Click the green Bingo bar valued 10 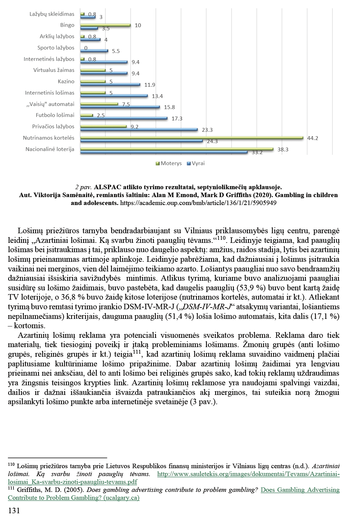105,25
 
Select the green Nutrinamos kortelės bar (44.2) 192,138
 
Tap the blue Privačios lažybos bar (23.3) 139,130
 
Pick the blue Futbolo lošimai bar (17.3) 124,118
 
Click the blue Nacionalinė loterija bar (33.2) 164,152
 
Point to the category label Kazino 66,82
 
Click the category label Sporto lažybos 56,48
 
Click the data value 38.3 283,149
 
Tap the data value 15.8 169,107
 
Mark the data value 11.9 150,85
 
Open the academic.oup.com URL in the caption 198,203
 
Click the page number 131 14,510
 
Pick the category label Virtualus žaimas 54,70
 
